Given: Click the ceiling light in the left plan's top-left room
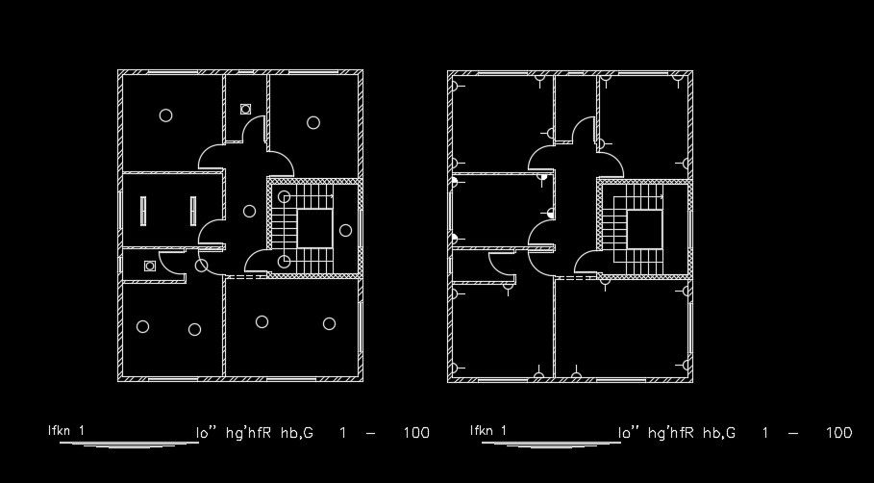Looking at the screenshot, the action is click(x=165, y=115).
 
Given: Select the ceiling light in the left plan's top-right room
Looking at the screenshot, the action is click(x=313, y=121).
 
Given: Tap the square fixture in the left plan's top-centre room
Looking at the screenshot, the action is click(x=245, y=108).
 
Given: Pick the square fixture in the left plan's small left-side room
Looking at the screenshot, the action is click(x=149, y=265).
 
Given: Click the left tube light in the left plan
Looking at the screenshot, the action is click(x=142, y=212).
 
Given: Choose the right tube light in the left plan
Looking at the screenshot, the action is click(x=193, y=212).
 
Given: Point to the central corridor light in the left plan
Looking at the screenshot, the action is click(x=249, y=211).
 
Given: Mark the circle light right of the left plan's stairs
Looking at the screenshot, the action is click(x=345, y=229).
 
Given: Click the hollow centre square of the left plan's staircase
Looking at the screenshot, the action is click(x=312, y=229).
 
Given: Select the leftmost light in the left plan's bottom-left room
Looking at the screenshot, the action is click(x=142, y=326).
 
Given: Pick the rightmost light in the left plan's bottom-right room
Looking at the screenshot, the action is click(x=329, y=323).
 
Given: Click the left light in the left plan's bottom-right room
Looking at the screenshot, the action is click(x=262, y=321).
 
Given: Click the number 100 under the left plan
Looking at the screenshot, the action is click(x=416, y=433).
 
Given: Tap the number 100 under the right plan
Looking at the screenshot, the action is click(x=838, y=433).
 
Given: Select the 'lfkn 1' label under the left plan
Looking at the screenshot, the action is click(x=66, y=430).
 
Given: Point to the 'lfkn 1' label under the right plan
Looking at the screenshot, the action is click(x=487, y=430).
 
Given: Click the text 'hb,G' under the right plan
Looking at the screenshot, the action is click(x=719, y=433).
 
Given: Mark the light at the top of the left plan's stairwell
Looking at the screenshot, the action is click(x=285, y=197).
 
